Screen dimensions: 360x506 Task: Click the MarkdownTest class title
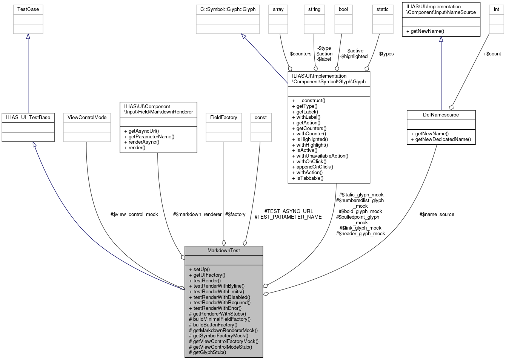pyautogui.click(x=223, y=250)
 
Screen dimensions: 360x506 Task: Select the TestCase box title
pyautogui.click(x=28, y=9)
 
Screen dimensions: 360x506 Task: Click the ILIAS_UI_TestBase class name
pyautogui.click(x=28, y=117)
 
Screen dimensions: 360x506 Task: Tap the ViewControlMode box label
pyautogui.click(x=87, y=117)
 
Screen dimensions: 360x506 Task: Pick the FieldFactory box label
pyautogui.click(x=223, y=117)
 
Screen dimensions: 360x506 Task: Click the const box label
pyautogui.click(x=260, y=117)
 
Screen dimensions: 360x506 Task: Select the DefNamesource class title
pyautogui.click(x=441, y=115)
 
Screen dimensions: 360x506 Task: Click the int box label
pyautogui.click(x=496, y=9)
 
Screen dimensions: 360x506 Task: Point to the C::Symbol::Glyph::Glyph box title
pyautogui.click(x=228, y=9)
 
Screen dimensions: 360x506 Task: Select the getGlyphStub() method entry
pyautogui.click(x=209, y=352)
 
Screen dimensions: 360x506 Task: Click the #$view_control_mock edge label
pyautogui.click(x=134, y=214)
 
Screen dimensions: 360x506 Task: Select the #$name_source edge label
pyautogui.click(x=437, y=214)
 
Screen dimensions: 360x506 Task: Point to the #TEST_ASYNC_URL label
pyautogui.click(x=289, y=211)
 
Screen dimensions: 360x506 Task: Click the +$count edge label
pyautogui.click(x=492, y=54)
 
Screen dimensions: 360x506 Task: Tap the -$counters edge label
pyautogui.click(x=300, y=54)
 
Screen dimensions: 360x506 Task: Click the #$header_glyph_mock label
pyautogui.click(x=360, y=233)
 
